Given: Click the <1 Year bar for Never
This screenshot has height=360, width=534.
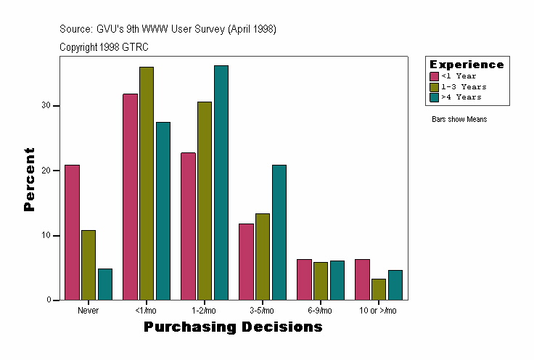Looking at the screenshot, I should (72, 232).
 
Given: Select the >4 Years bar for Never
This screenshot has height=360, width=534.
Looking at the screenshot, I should (105, 284).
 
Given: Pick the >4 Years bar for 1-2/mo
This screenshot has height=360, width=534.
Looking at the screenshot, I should (221, 182).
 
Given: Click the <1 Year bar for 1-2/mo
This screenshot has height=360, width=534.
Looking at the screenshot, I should (188, 226).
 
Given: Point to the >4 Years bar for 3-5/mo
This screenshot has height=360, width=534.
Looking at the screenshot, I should (279, 232).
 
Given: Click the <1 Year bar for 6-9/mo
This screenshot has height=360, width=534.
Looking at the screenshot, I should (304, 279).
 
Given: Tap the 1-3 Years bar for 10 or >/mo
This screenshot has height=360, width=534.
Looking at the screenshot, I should (379, 289).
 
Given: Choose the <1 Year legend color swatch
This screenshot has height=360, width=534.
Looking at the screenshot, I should (435, 76).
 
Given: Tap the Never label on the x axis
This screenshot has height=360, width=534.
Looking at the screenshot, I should (89, 311).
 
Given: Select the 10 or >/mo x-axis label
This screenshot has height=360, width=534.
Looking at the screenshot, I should (379, 311).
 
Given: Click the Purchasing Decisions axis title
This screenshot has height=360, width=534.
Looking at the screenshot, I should (233, 327).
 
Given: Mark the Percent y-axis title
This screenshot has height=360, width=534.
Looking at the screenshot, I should (29, 179).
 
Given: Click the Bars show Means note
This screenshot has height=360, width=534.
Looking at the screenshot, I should (459, 119).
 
